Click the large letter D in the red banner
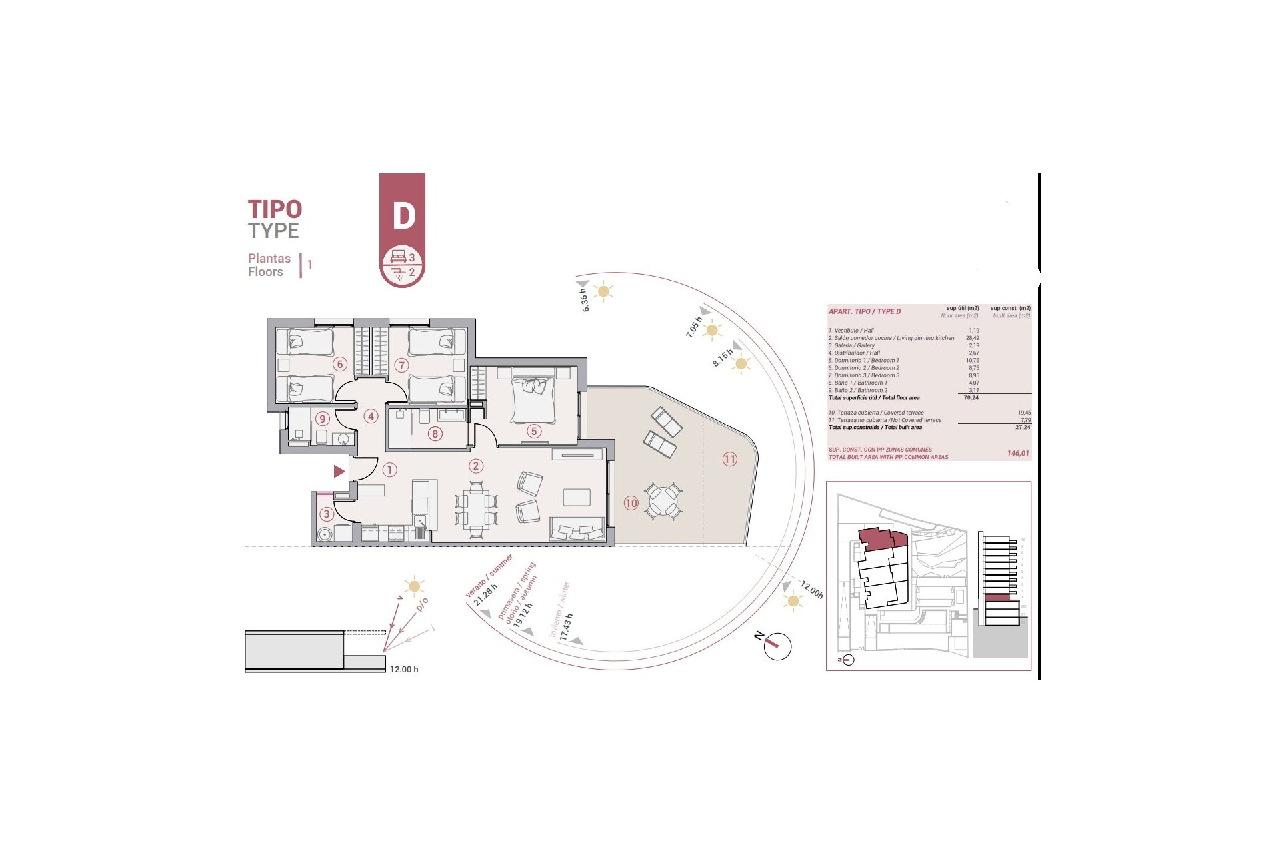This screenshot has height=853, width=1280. (x=403, y=215)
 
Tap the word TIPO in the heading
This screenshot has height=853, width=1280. (x=275, y=209)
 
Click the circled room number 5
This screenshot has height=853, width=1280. (x=533, y=431)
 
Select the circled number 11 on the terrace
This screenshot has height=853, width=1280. (x=729, y=459)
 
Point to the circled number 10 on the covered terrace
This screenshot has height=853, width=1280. (x=631, y=503)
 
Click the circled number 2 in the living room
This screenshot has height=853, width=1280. (x=475, y=466)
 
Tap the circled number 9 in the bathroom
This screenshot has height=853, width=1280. (x=323, y=419)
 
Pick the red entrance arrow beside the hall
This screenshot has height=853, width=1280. (x=339, y=471)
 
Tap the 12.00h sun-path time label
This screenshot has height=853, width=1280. (x=812, y=590)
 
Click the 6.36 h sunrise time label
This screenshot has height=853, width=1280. (x=584, y=300)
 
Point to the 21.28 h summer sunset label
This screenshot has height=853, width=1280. (x=485, y=594)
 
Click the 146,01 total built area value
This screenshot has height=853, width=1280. (x=1017, y=454)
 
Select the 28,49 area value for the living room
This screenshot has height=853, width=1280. (x=972, y=338)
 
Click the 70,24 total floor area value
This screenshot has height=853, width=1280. (x=971, y=398)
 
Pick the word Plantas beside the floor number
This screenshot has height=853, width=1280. (x=269, y=258)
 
